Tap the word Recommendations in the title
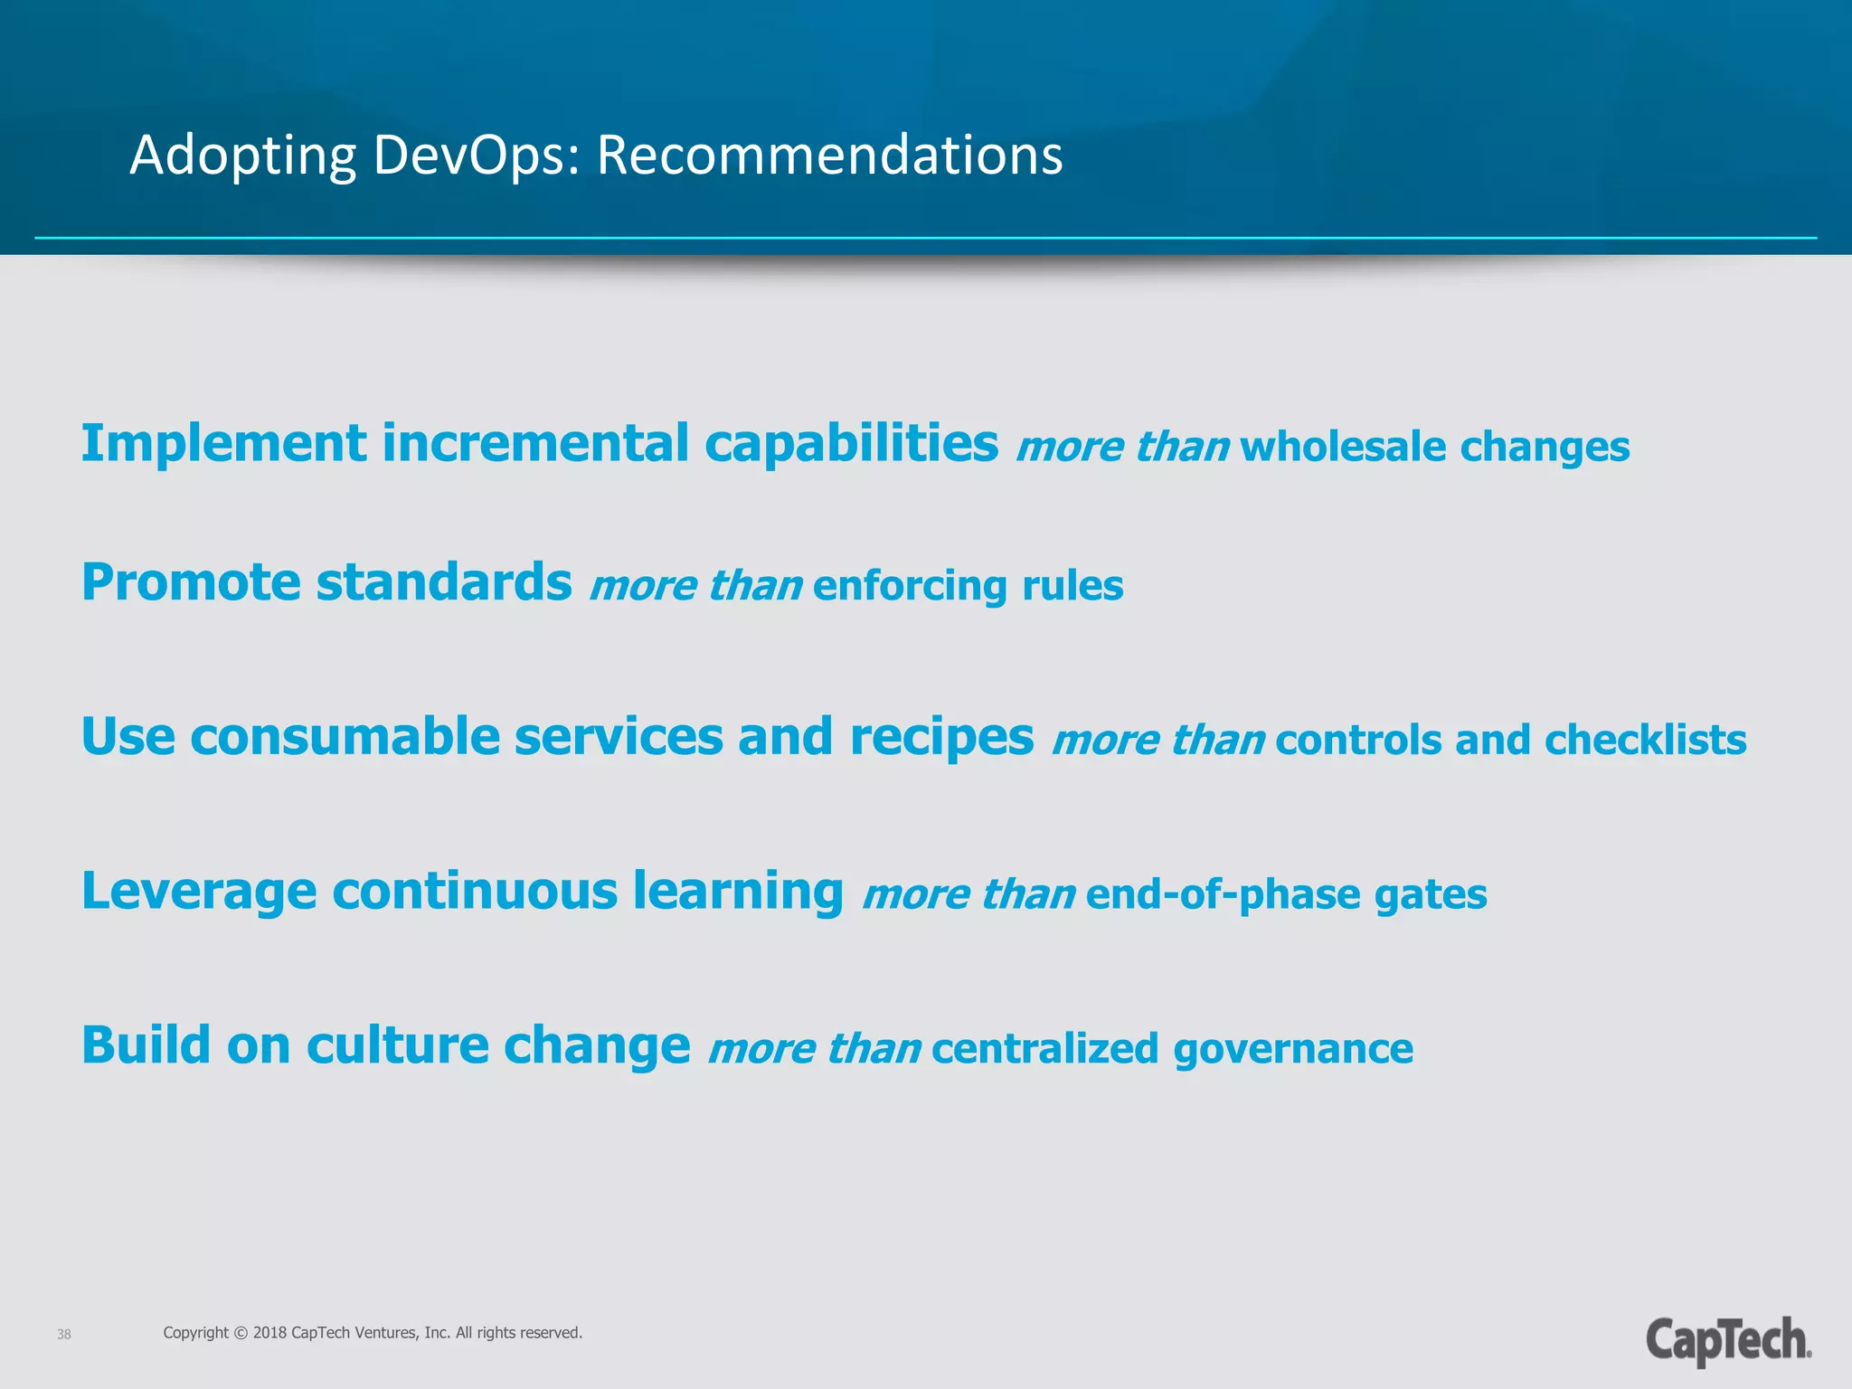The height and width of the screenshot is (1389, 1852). click(829, 156)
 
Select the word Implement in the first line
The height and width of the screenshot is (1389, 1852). click(223, 445)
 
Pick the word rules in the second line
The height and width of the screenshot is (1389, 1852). click(1072, 585)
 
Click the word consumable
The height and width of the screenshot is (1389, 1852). click(345, 736)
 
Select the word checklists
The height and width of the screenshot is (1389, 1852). click(1645, 740)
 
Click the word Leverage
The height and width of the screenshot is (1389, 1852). click(199, 892)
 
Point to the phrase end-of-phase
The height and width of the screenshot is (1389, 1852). click(1223, 894)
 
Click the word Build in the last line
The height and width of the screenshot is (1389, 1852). click(146, 1045)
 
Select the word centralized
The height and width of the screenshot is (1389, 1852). click(1044, 1049)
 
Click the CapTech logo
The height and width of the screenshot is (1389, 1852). click(1727, 1340)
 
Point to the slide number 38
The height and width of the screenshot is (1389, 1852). click(64, 1335)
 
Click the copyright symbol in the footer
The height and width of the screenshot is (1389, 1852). click(241, 1333)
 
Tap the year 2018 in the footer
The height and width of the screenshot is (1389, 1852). click(270, 1333)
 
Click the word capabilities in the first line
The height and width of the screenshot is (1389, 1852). click(851, 445)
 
